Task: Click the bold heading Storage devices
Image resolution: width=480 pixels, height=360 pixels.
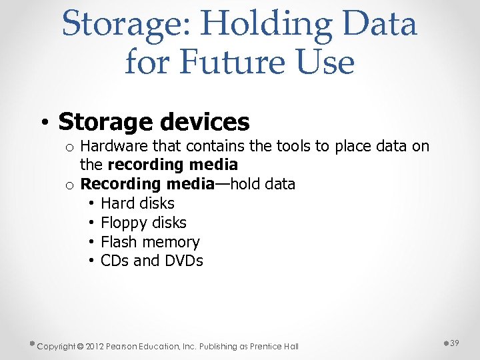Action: point(153,122)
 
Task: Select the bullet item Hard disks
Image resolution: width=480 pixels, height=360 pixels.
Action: point(137,203)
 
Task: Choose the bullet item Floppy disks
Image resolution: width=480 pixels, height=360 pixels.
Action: point(143,223)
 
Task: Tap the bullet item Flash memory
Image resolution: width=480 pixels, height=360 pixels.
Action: point(150,242)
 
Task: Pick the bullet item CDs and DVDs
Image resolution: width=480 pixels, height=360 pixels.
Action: point(151,261)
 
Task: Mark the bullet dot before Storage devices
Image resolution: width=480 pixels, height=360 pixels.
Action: point(43,123)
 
